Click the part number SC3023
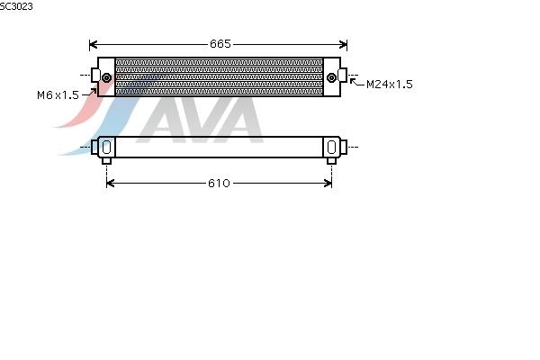point(16,6)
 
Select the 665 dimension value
point(220,44)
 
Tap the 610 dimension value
point(219,184)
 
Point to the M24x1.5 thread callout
point(390,85)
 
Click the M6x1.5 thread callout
point(58,95)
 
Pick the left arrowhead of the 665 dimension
point(93,45)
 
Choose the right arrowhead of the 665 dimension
point(344,45)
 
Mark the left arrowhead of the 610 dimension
point(110,184)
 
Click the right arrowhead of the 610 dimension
point(328,184)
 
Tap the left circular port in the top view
point(107,78)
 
